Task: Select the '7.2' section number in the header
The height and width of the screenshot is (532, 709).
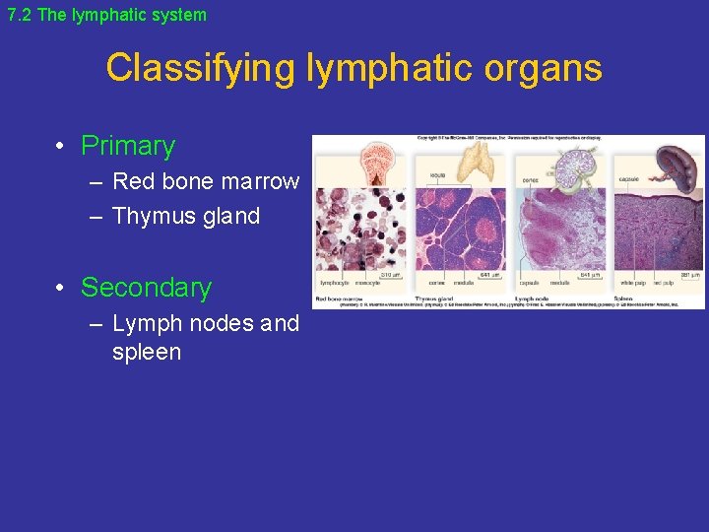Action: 21,15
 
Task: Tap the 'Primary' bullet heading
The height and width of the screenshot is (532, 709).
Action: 127,146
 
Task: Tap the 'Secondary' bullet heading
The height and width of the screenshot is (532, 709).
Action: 146,288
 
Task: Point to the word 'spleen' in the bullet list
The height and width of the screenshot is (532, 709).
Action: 147,352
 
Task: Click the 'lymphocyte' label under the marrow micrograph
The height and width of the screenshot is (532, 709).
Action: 335,284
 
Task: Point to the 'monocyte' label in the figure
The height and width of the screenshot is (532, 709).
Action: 366,284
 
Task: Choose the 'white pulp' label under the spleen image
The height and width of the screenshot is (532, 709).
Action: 632,284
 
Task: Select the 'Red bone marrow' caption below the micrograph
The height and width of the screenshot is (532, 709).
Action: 341,298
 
